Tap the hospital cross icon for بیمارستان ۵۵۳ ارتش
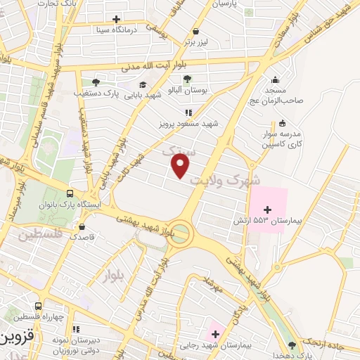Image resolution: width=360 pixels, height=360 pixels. click(267, 209)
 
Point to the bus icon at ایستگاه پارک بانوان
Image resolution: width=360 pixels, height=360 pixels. click(70, 193)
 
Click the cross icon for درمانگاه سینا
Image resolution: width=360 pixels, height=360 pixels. click(116, 19)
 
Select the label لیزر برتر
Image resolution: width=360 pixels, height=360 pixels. click(197, 42)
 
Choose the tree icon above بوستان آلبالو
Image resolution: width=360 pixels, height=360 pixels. click(186, 79)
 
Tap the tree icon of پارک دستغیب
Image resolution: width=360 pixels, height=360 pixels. click(96, 82)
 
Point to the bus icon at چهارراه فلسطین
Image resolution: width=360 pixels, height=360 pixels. click(38, 306)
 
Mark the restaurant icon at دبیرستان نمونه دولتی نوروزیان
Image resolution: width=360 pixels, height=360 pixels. click(76, 328)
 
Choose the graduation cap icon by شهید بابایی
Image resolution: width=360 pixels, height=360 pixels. click(143, 84)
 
